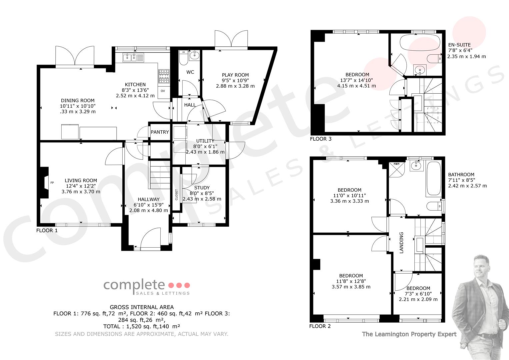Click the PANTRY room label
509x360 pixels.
pyautogui.click(x=160, y=132)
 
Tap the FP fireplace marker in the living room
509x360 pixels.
pyautogui.click(x=52, y=183)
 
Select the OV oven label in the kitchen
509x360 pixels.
pyautogui.click(x=163, y=91)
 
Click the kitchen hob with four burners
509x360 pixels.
pyautogui.click(x=164, y=76)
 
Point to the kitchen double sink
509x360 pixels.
pyautogui.click(x=133, y=57)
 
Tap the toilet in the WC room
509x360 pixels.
pyautogui.click(x=183, y=57)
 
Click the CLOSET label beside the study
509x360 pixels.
pyautogui.click(x=177, y=195)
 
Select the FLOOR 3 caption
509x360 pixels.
pyautogui.click(x=321, y=139)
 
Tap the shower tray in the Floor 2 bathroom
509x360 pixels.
pyautogui.click(x=397, y=170)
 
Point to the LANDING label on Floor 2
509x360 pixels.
pyautogui.click(x=401, y=243)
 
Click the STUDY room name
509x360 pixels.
pyautogui.click(x=202, y=188)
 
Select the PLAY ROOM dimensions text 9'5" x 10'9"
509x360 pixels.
pyautogui.click(x=235, y=80)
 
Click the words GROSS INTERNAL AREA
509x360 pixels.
pyautogui.click(x=142, y=307)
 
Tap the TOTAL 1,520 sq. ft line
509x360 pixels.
pyautogui.click(x=142, y=326)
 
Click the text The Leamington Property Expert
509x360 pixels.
pyautogui.click(x=409, y=334)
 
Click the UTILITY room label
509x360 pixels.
pyautogui.click(x=205, y=141)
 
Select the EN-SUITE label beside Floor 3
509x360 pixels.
pyautogui.click(x=459, y=45)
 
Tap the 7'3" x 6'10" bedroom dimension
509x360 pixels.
pyautogui.click(x=418, y=294)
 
